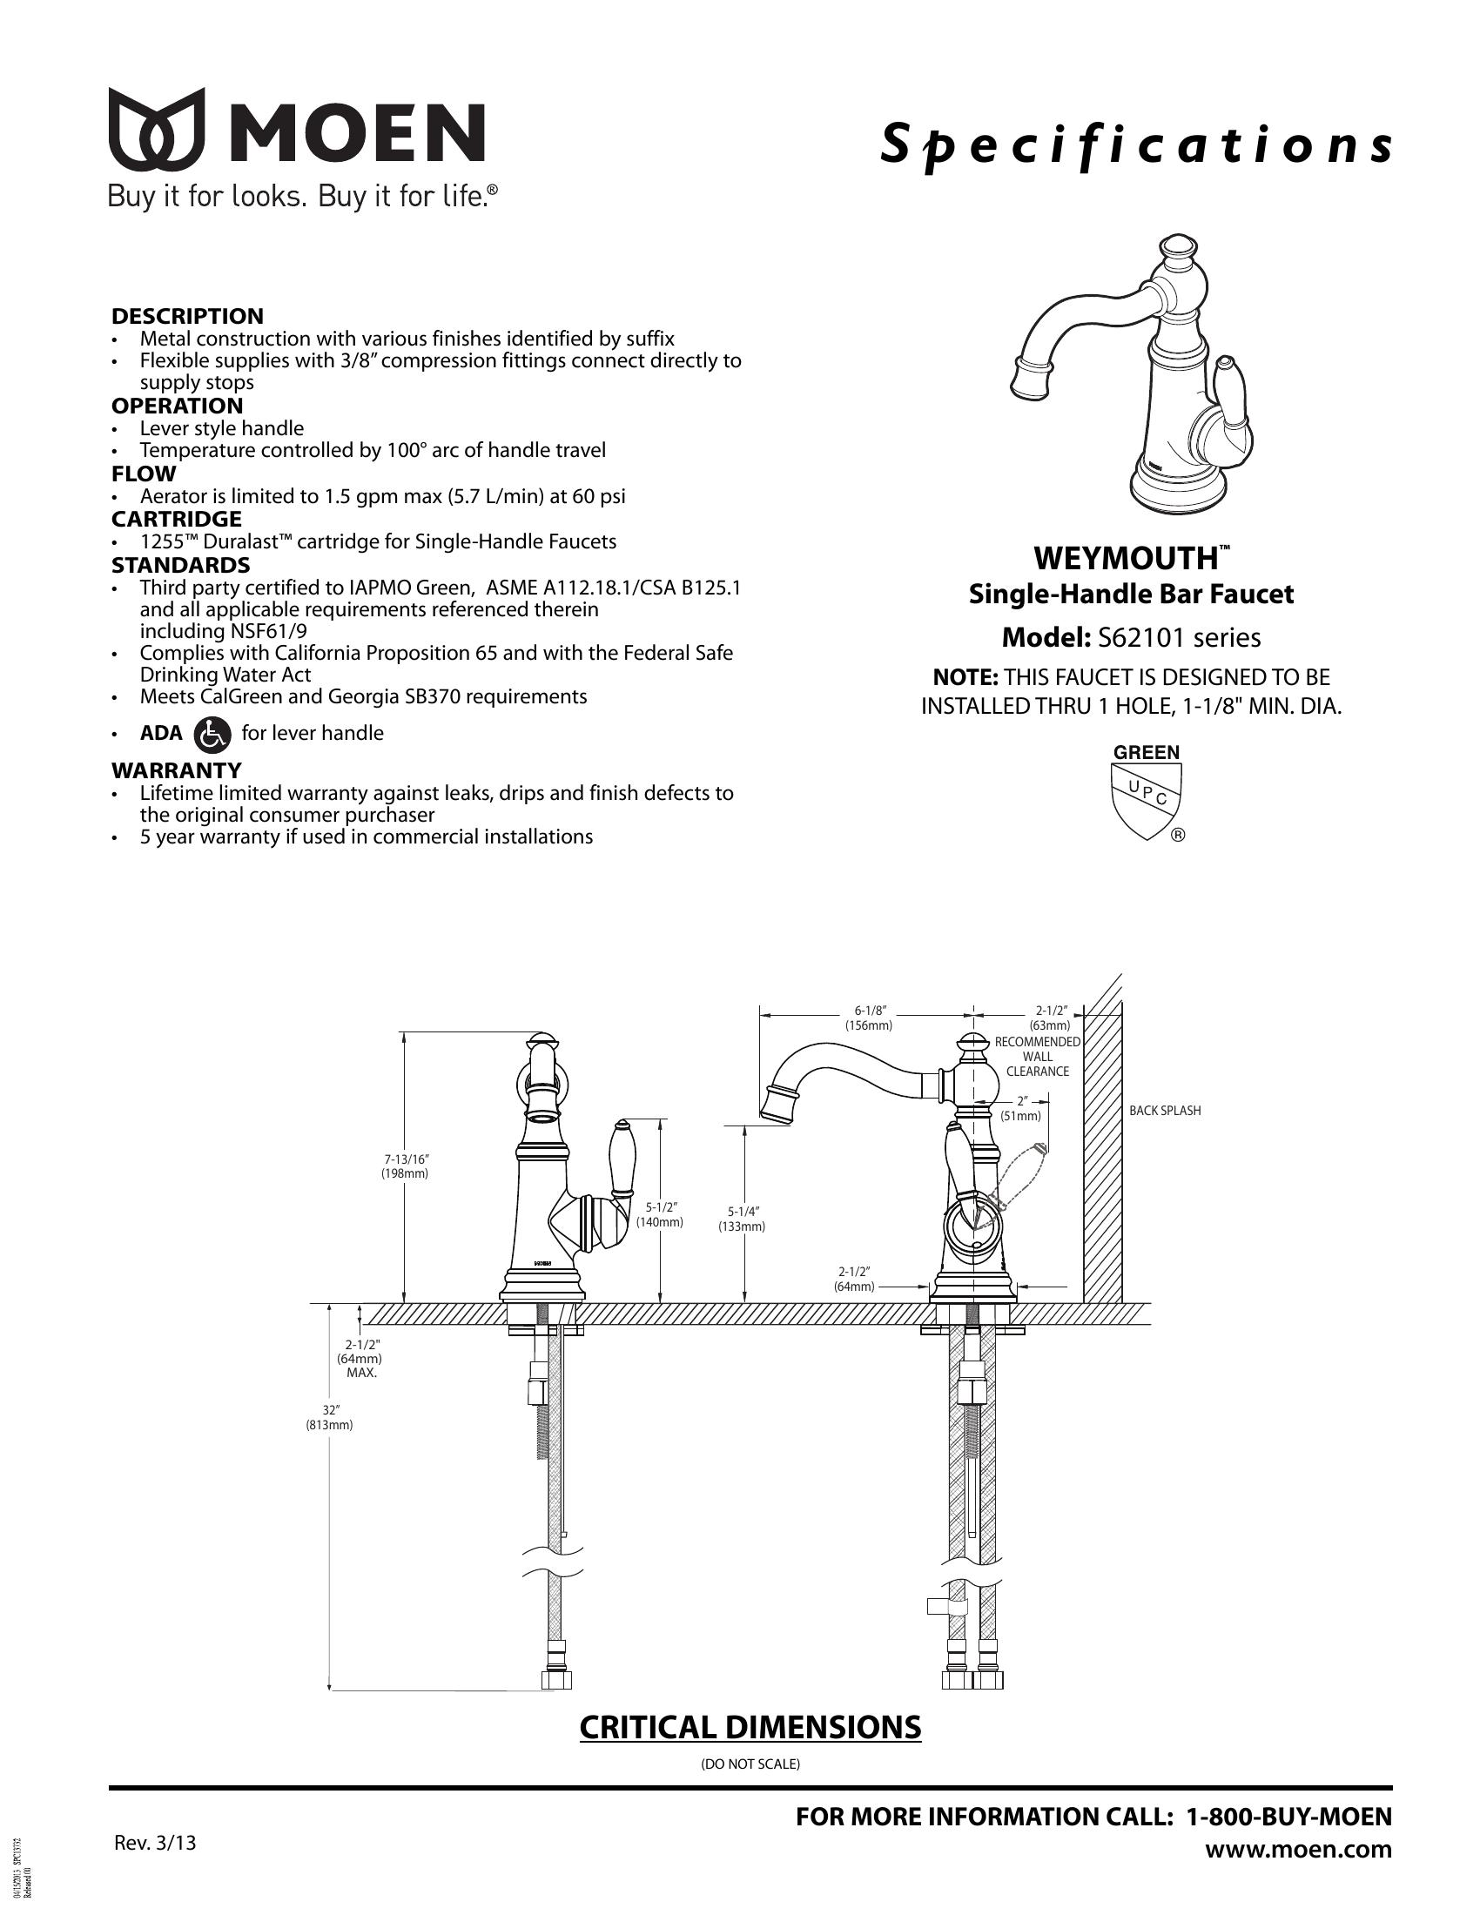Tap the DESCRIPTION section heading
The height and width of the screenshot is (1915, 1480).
coord(187,317)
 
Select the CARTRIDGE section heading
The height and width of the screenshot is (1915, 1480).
coord(176,519)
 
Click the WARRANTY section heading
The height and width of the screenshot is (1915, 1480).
coord(176,770)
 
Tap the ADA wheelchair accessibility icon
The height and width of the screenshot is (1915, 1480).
coord(212,734)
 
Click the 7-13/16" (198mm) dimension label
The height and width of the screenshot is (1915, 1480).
coord(404,1166)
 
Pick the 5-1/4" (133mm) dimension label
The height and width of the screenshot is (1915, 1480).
coord(742,1220)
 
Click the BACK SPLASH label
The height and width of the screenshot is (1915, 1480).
coord(1164,1111)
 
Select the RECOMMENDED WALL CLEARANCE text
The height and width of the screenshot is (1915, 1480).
coord(1037,1057)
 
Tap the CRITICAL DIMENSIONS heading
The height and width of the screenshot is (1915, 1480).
coord(750,1726)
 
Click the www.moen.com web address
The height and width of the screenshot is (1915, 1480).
coord(1299,1850)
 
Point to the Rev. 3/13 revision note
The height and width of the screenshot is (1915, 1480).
coord(155,1843)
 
